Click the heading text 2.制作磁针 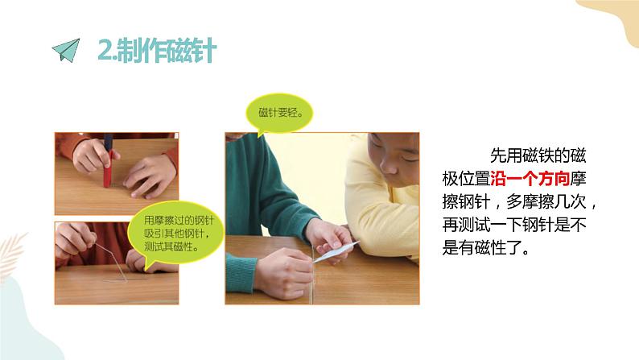(156, 51)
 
